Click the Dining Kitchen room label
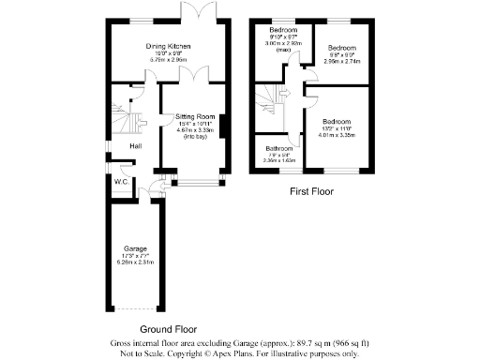pos(169,46)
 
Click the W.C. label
pos(122,181)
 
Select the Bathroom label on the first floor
pos(279,149)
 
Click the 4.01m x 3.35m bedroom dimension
pos(337,134)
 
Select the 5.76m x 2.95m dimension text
pos(169,60)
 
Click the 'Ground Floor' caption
pos(168,330)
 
